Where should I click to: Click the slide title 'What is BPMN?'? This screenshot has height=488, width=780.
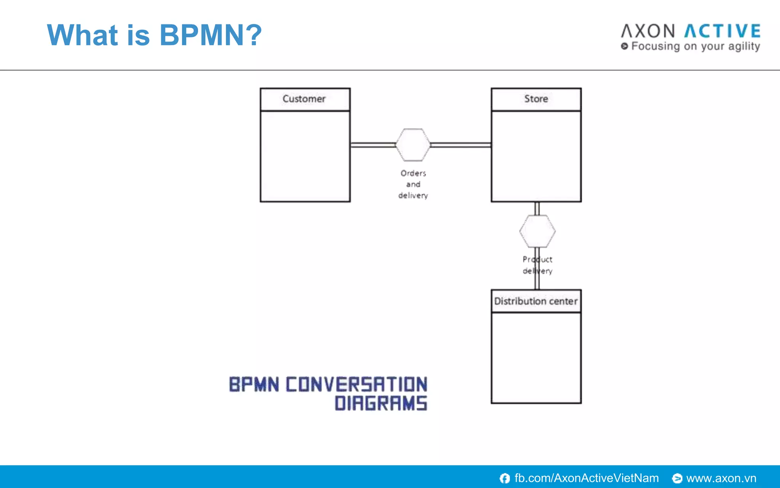[154, 35]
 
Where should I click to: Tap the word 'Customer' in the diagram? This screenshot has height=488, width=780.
[304, 99]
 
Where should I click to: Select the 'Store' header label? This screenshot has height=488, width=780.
[536, 99]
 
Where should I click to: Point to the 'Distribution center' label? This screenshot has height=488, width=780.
[536, 301]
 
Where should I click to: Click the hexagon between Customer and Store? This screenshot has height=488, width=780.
[413, 145]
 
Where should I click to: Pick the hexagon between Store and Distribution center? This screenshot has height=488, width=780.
[537, 231]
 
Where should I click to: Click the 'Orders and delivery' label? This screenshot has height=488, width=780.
[413, 184]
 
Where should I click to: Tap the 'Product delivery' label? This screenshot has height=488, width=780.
[537, 265]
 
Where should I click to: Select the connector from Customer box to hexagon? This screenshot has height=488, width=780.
[373, 145]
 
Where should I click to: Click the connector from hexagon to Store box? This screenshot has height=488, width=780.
[461, 145]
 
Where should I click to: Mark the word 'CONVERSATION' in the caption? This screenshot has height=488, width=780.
[356, 384]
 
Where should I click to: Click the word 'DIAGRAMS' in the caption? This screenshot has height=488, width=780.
[381, 403]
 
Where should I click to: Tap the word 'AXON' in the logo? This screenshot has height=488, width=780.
[648, 31]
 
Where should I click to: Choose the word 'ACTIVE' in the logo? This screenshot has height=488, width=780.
[722, 31]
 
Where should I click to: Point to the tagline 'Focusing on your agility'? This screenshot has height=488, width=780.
[695, 47]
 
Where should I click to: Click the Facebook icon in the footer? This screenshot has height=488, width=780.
[505, 478]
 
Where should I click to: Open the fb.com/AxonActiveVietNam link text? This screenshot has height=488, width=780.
[587, 478]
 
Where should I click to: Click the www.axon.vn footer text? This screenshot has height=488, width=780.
[721, 478]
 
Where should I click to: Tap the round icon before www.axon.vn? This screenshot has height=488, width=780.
[677, 478]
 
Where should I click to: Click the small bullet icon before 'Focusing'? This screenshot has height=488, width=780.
[624, 46]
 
